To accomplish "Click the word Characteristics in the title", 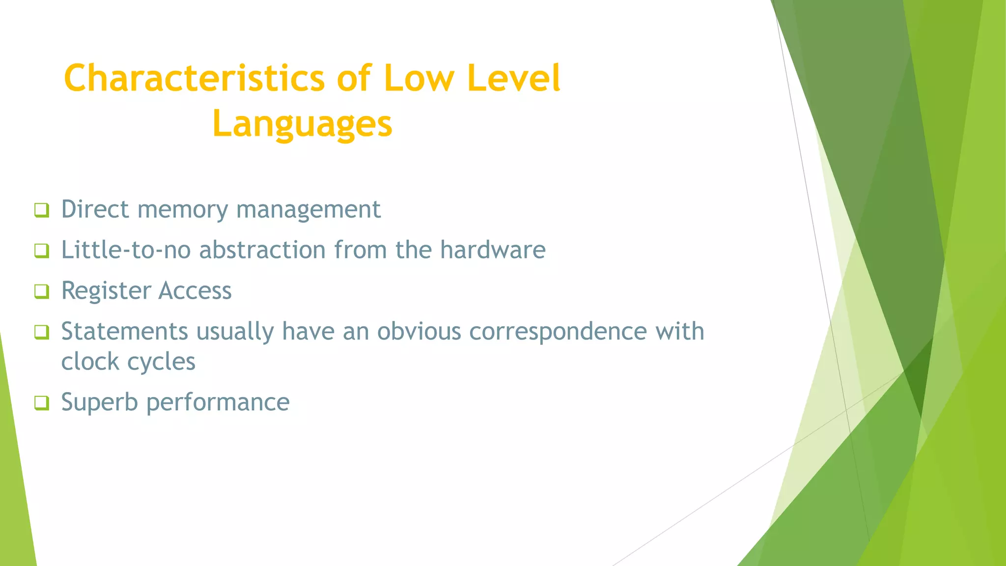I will pos(194,79).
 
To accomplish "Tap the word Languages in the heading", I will pos(302,124).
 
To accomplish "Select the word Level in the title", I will pos(513,79).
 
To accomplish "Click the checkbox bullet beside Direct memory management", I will pos(42,210).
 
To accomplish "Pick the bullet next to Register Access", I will pos(42,291).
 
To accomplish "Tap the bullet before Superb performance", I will pos(42,403).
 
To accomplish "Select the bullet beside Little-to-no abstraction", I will pos(42,251).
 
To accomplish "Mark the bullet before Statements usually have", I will pos(42,332).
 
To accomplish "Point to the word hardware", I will pos(492,250).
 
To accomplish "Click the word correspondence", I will pos(558,332).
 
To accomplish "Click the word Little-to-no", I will pos(126,250).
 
